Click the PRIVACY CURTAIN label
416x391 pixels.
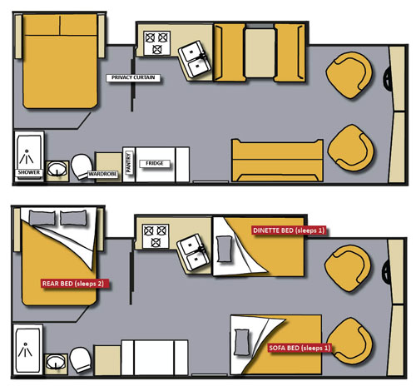133,77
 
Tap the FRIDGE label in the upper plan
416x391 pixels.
155,164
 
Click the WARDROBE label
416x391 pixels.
102,175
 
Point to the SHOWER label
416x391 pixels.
29,172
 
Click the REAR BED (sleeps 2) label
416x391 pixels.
73,284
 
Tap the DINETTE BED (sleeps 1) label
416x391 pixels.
289,230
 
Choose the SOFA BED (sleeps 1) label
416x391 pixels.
300,348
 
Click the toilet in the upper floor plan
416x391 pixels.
82,167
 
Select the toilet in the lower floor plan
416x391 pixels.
80,360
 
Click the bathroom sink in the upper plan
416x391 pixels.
57,169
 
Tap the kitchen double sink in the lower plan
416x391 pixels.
194,252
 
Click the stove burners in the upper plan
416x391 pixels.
156,43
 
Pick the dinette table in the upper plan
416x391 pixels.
260,53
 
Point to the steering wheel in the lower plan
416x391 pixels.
386,270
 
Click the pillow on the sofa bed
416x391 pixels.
241,342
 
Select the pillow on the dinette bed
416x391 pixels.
225,249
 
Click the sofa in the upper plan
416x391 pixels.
278,161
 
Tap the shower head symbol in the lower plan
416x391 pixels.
25,350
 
